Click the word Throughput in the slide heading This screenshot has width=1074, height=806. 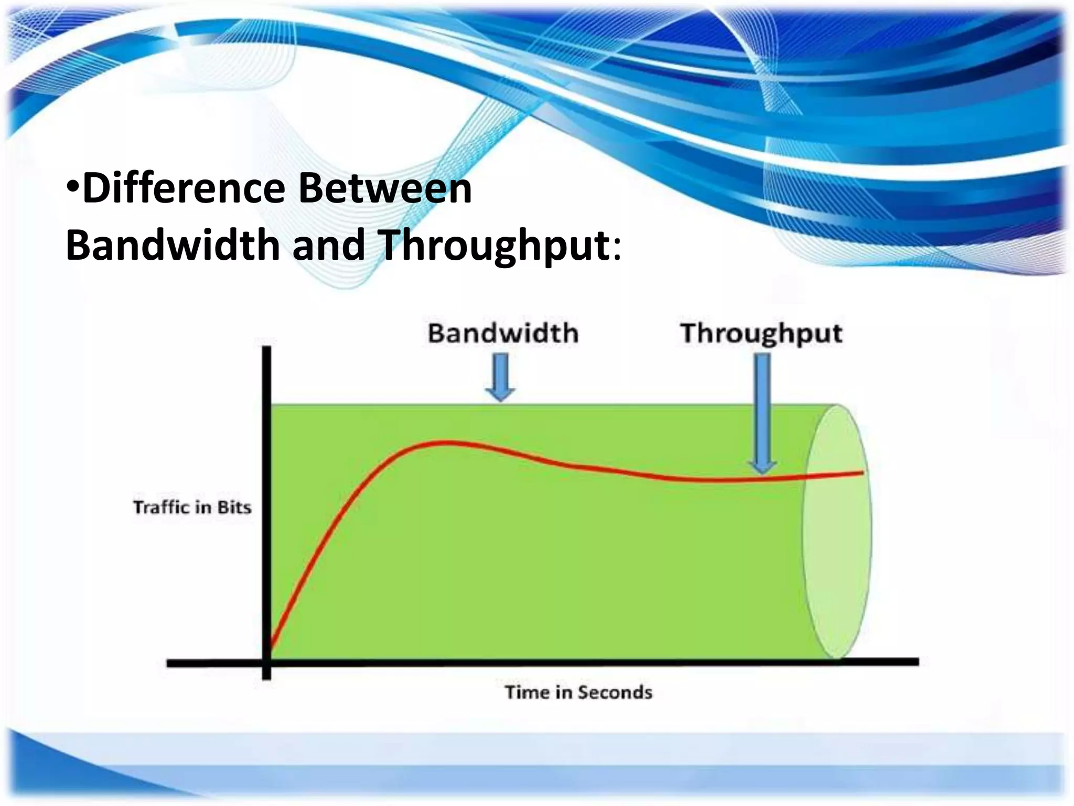pyautogui.click(x=493, y=245)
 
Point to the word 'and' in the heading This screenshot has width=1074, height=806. pyautogui.click(x=328, y=245)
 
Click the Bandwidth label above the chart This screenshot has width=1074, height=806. pyautogui.click(x=502, y=334)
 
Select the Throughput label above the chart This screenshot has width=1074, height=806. pyautogui.click(x=761, y=334)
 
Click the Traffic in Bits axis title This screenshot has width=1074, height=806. pyautogui.click(x=192, y=507)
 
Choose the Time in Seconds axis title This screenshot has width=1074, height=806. pyautogui.click(x=578, y=692)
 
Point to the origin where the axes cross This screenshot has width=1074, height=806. pyautogui.click(x=266, y=662)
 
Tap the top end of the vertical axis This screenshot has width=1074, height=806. pyautogui.click(x=266, y=349)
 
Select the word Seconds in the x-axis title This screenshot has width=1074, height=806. pyautogui.click(x=615, y=692)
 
